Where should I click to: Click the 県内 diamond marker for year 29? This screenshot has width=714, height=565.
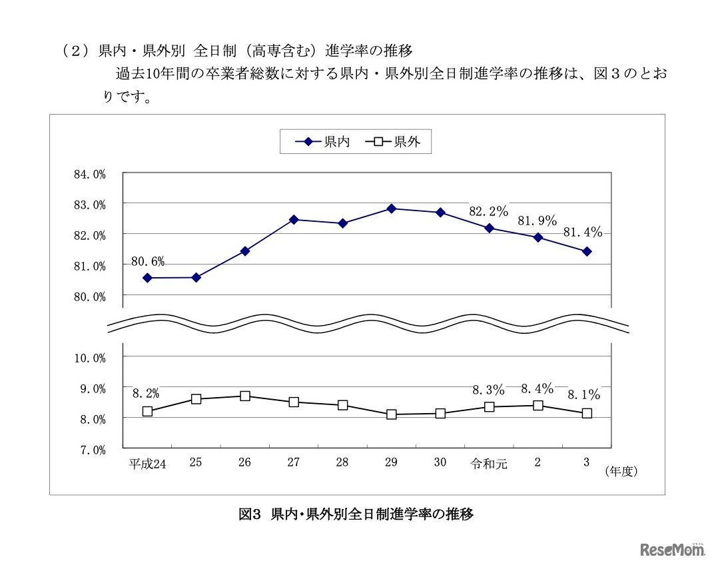tap(391, 209)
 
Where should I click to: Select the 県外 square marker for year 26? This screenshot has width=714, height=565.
tap(244, 396)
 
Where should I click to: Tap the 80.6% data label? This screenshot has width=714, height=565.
tap(148, 261)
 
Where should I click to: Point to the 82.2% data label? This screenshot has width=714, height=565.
tap(488, 211)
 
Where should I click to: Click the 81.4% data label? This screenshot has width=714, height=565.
tap(583, 233)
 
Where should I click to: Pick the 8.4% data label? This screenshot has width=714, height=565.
tap(537, 388)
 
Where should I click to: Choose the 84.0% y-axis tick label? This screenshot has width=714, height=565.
tap(90, 175)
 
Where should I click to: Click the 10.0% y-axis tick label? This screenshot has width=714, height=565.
tap(90, 358)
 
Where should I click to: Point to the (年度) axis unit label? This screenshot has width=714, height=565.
tap(621, 472)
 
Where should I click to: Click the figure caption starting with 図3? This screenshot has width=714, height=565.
tap(356, 514)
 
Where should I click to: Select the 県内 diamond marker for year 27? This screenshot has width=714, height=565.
tap(294, 219)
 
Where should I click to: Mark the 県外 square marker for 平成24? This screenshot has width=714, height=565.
tap(147, 411)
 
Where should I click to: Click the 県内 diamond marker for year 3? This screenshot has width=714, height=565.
tap(587, 251)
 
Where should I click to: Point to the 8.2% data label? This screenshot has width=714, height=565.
tap(146, 393)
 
